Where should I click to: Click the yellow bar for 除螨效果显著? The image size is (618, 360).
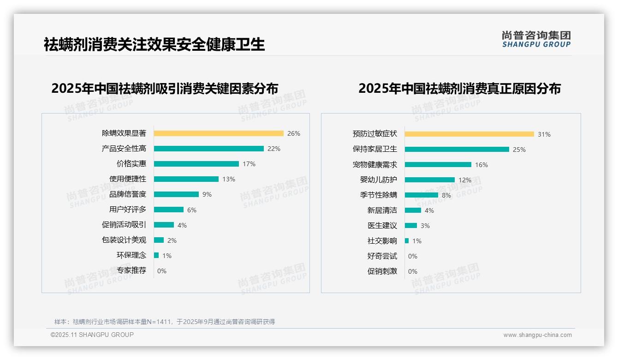pos(219,133)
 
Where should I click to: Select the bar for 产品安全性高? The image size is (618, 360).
pos(208,149)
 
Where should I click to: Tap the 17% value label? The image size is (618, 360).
pos(249,164)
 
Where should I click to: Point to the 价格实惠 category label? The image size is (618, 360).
pos(131,164)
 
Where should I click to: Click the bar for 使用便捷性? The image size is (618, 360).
pos(186,179)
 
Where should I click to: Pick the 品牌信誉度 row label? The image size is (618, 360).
pos(128,194)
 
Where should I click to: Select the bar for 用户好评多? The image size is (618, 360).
pos(169,210)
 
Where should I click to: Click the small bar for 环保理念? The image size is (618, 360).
pos(156,255)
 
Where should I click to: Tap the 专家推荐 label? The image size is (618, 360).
pos(131,270)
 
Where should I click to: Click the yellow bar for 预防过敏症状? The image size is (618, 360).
pos(469,134)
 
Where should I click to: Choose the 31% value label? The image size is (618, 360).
pos(544,134)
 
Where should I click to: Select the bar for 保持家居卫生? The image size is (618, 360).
pos(457,149)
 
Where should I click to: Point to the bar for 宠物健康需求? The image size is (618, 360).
pos(438,164)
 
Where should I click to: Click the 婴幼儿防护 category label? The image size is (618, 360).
pos(379,180)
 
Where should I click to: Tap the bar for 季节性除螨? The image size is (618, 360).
pos(422,195)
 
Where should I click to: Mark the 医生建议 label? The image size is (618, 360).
pos(382,225)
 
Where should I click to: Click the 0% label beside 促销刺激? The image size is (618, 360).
pos(413,271)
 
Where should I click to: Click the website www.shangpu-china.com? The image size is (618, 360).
pos(537,335)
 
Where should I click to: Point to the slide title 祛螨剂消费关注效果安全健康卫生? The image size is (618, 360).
pos(154,44)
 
